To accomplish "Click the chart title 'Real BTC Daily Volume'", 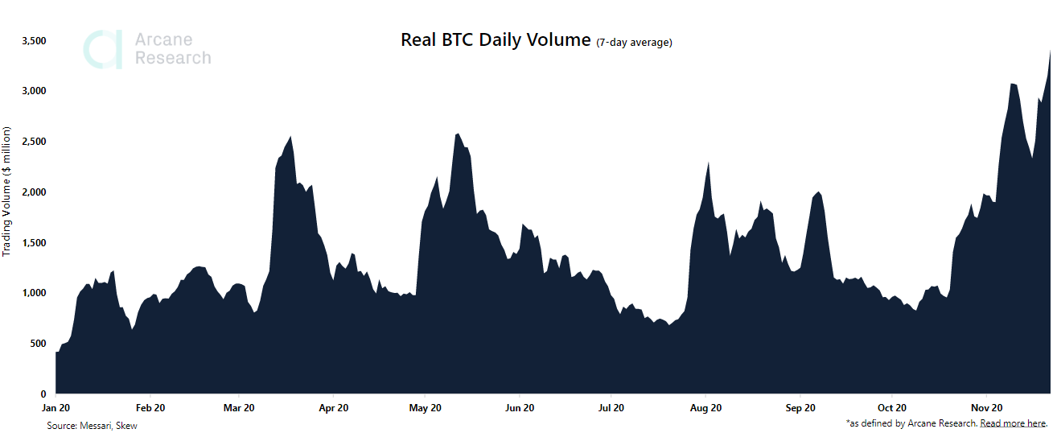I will tap(496, 40).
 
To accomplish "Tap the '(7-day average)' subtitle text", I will tap(634, 43).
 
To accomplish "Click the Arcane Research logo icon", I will tap(103, 49).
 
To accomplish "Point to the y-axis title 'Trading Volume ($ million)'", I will tap(7, 192).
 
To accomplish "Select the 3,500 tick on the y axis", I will tap(33, 40).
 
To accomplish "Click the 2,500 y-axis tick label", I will tap(33, 142).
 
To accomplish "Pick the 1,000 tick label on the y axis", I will tap(33, 293).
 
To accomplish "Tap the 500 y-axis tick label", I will tap(37, 344).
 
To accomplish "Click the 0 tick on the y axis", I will tap(43, 394).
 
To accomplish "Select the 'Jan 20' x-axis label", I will tap(57, 408).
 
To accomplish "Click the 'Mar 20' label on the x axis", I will tap(239, 408).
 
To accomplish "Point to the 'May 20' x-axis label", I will tap(426, 408).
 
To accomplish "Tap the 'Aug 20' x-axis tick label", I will tap(705, 408).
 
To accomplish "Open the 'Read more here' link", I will tap(1012, 423).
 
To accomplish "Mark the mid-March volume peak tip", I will tap(290, 137).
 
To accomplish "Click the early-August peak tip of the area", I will tap(708, 163).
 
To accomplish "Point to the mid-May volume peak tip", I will tap(458, 134).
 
